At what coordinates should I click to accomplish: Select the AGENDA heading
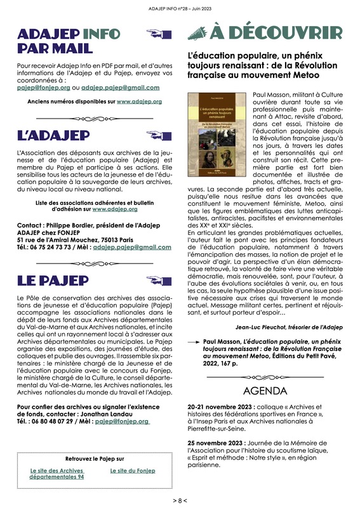[265, 390]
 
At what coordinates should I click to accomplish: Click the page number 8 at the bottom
[180, 500]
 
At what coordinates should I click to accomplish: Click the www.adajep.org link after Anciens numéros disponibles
[140, 100]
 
